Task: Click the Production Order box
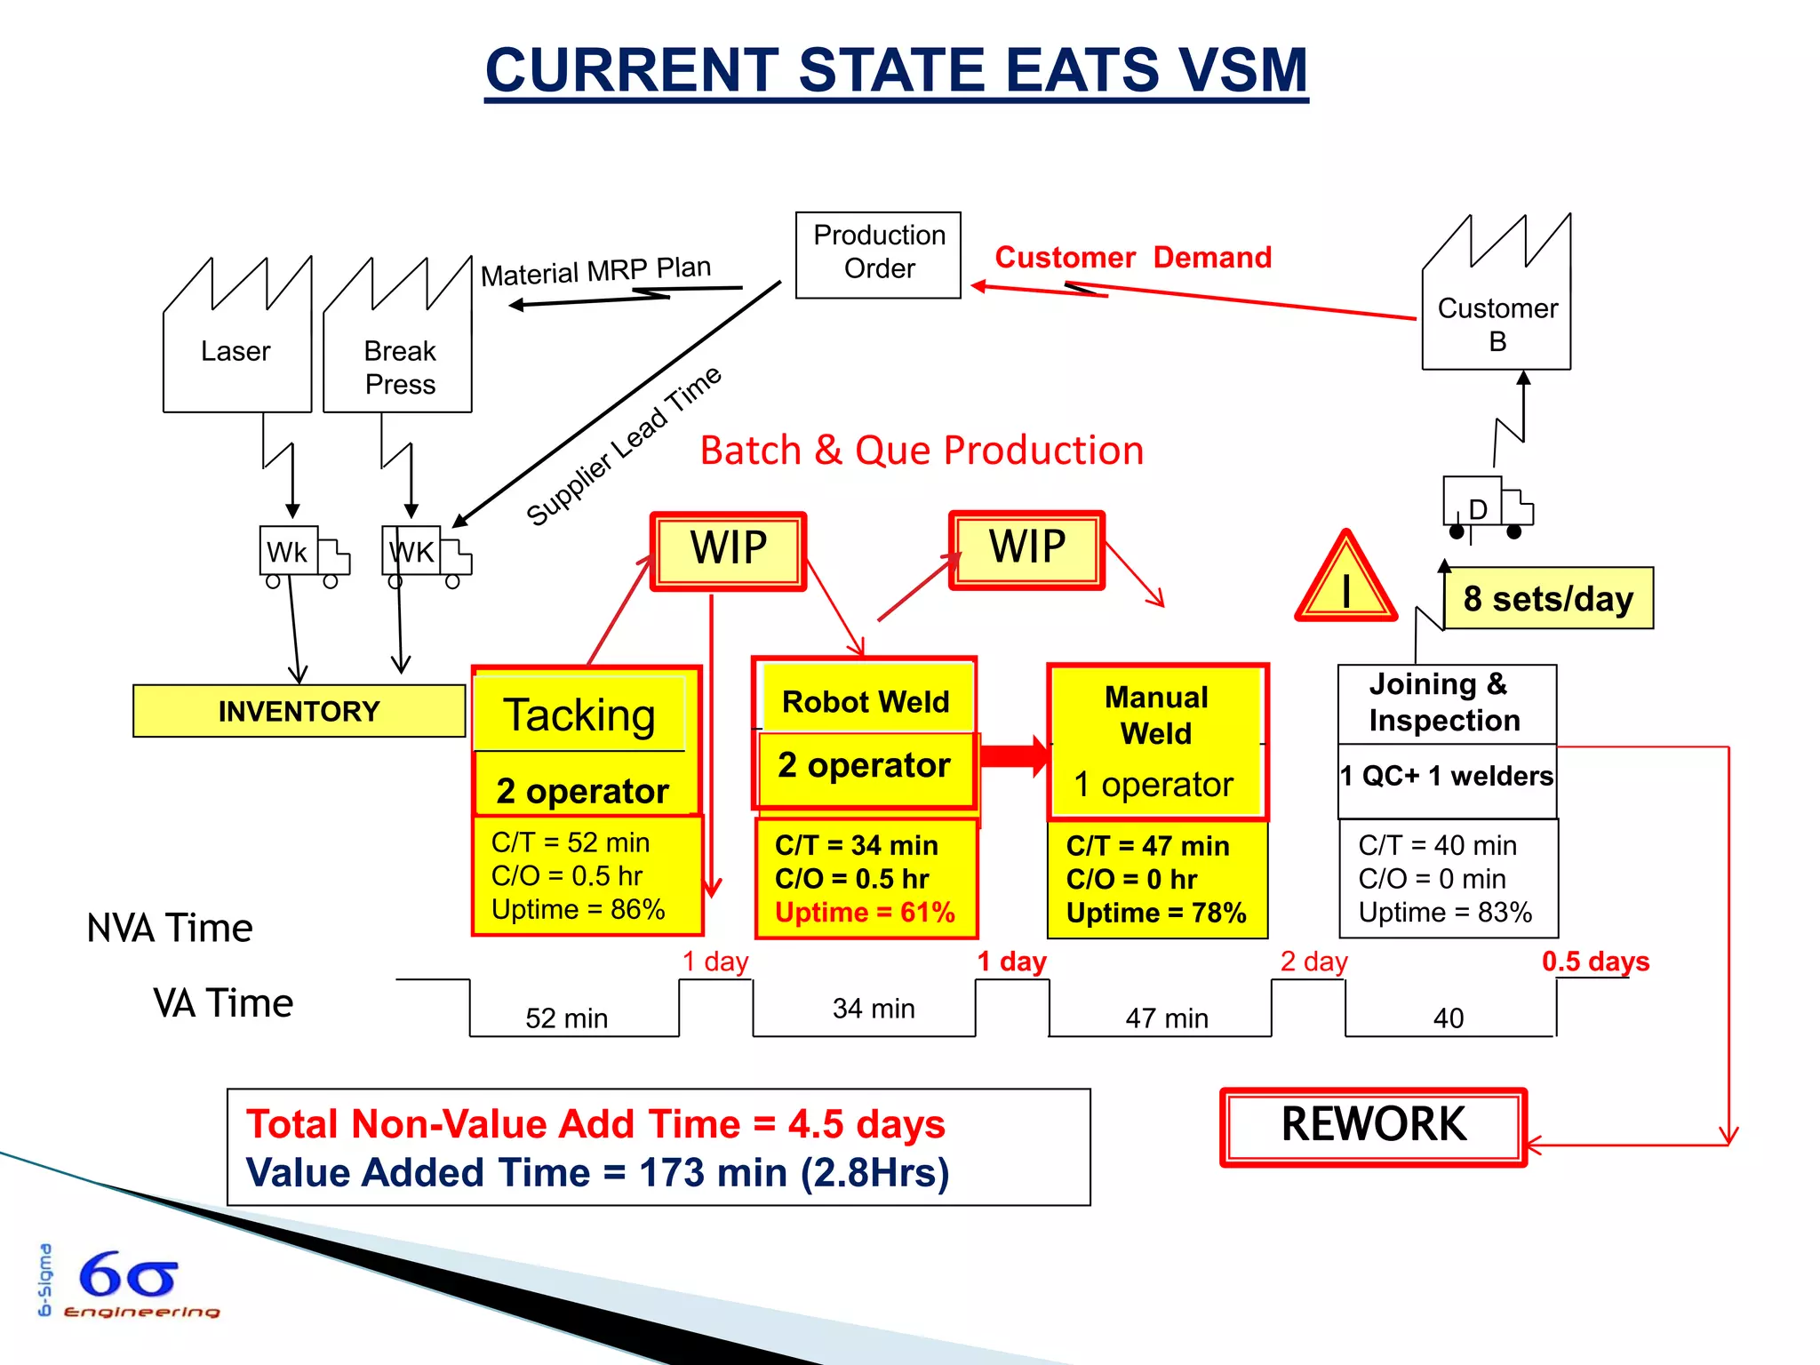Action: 878,254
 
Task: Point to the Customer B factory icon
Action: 1497,307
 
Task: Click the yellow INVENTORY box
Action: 299,711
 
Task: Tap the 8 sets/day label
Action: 1548,598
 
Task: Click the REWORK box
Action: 1373,1126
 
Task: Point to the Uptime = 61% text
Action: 865,913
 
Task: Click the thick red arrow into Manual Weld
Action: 1013,755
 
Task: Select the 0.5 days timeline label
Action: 1595,962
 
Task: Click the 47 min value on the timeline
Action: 1166,1018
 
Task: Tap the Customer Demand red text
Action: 1133,257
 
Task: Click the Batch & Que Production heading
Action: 922,451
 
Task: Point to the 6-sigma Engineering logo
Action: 129,1282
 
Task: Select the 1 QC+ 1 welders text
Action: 1447,776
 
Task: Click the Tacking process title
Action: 579,715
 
